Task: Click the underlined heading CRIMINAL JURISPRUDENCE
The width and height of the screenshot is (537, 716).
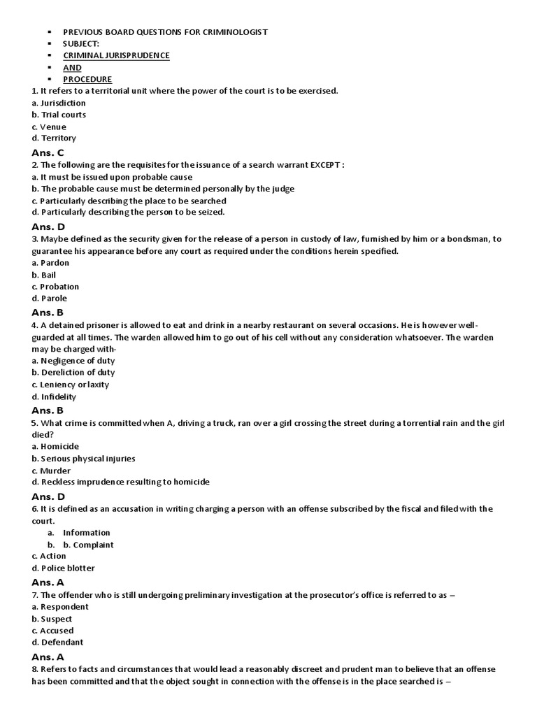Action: (116, 55)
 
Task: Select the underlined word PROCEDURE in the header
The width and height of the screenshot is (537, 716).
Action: (87, 79)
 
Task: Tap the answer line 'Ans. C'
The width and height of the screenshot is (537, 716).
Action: (48, 152)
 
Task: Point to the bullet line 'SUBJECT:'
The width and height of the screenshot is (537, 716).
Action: (81, 43)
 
